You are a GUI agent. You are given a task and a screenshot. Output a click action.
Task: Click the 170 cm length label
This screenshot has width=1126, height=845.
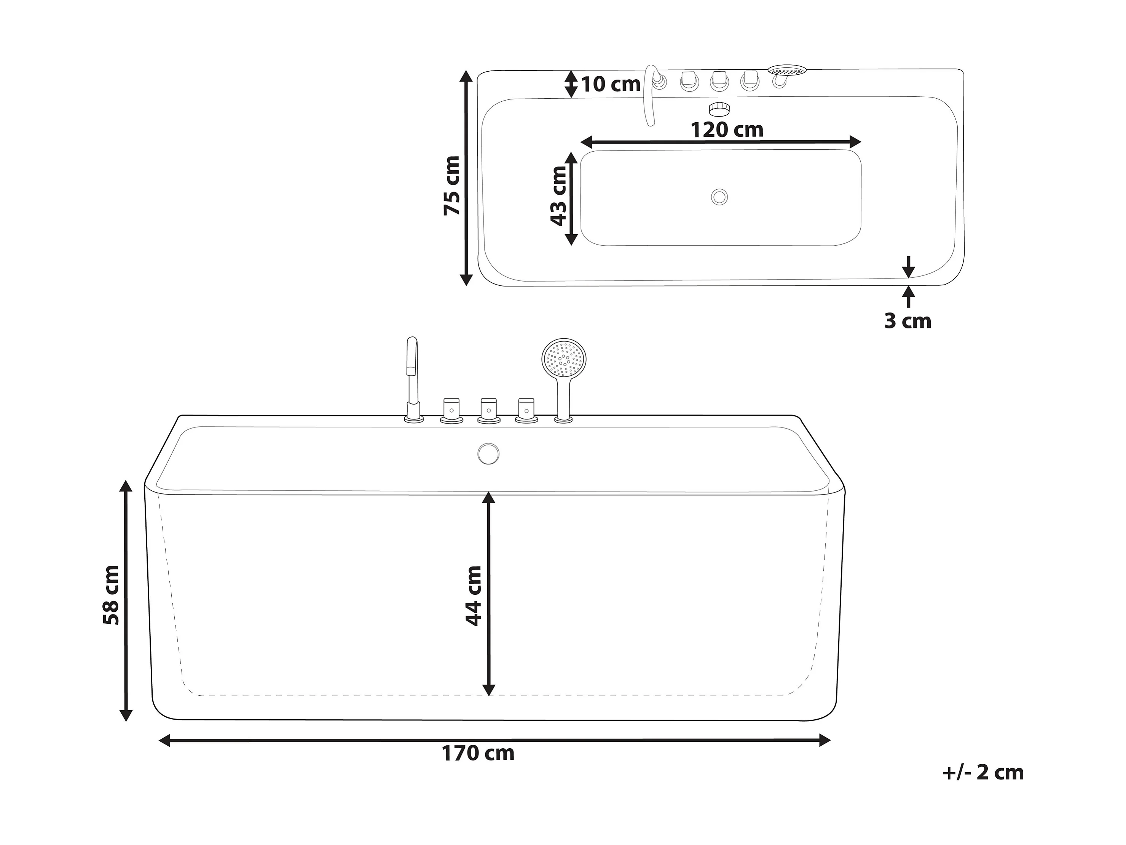[478, 753]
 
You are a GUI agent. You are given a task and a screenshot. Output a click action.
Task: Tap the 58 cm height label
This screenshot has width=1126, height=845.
[111, 595]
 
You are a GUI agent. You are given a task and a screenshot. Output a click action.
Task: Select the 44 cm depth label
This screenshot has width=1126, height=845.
[474, 595]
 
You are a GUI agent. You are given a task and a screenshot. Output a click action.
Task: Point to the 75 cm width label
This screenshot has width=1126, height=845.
[451, 186]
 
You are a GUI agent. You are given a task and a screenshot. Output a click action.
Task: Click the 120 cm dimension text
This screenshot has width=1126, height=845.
[727, 130]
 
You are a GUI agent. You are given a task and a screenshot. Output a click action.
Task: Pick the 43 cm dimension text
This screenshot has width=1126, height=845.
[558, 196]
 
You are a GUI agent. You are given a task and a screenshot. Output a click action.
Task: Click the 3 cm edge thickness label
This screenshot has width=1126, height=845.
[907, 321]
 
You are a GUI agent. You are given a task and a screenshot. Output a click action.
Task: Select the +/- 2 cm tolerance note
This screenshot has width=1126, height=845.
[983, 773]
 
